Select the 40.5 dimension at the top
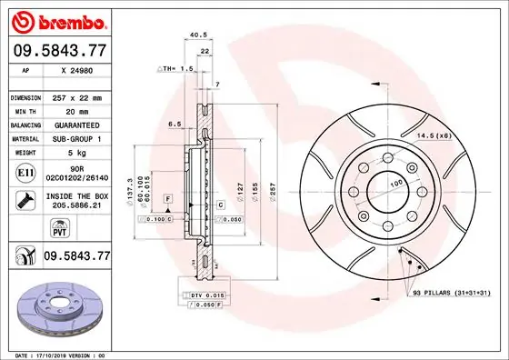point(194,36)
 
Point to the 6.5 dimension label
point(175,125)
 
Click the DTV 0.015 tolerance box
point(208,296)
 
